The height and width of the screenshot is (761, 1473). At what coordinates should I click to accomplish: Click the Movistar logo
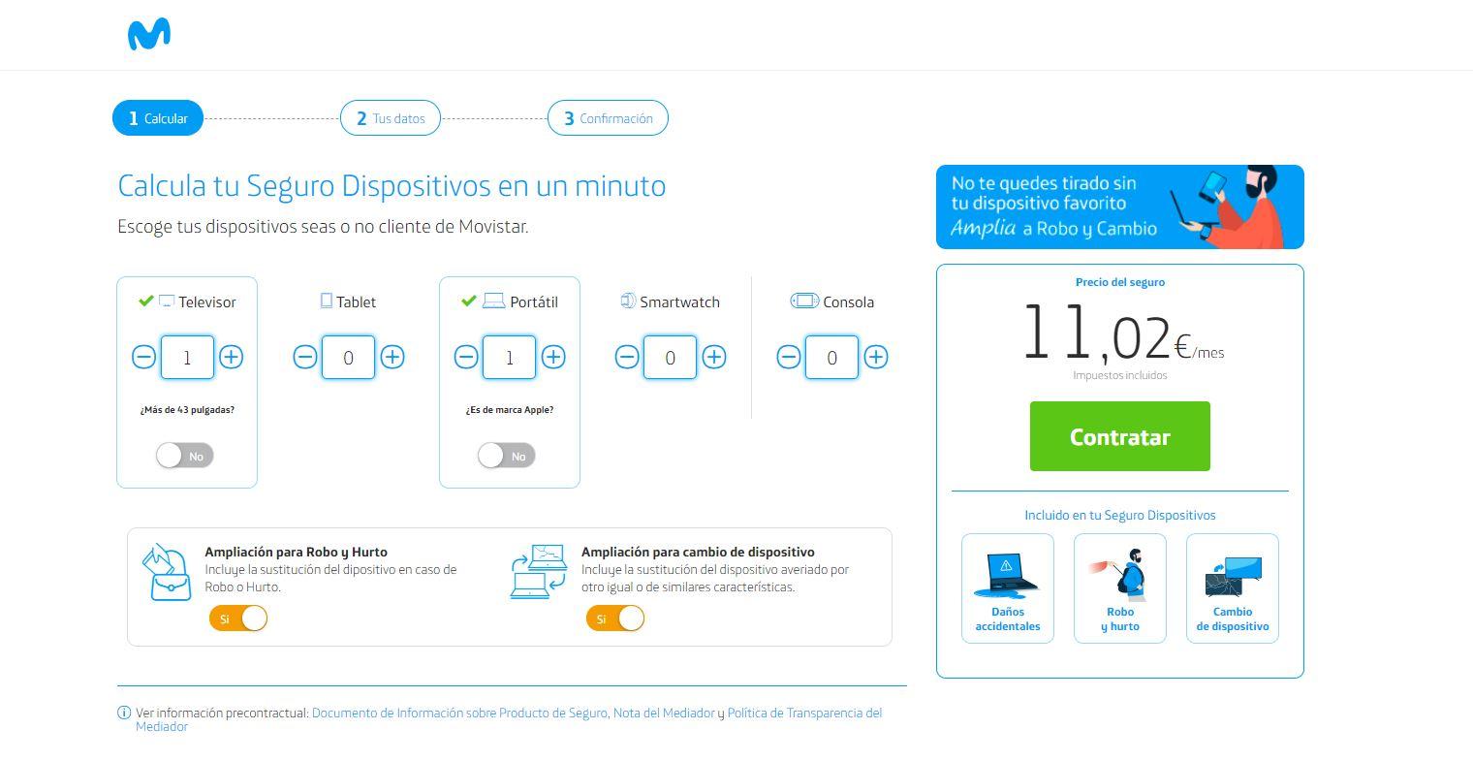coord(149,35)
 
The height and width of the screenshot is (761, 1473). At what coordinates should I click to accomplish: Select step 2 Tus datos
coord(390,118)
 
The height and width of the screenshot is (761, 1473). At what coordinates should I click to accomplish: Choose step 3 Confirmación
coord(608,118)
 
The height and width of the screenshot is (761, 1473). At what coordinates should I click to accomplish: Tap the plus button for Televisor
coord(231,357)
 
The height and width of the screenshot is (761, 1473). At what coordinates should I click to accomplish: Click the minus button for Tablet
coord(305,357)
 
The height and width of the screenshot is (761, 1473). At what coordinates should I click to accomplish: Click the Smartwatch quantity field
coord(670,357)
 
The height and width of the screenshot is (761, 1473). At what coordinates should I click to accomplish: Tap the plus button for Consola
coord(875,357)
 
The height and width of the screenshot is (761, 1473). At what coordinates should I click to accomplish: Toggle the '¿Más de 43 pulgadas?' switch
coord(185,456)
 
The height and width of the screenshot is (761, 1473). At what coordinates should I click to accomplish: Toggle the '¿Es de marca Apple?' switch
coord(507,456)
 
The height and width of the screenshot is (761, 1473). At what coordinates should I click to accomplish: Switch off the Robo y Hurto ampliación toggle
coord(238,618)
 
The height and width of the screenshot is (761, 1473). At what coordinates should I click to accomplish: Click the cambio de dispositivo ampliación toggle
coord(615,618)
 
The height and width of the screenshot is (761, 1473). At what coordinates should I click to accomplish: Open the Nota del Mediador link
coord(664,713)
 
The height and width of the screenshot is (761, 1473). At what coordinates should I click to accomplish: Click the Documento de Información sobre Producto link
coord(459,713)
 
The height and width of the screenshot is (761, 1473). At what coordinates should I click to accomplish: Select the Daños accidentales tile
coord(1008,588)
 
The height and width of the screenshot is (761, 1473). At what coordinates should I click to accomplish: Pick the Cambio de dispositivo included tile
coord(1233,588)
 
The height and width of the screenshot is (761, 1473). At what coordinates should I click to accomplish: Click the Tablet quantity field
coord(348,357)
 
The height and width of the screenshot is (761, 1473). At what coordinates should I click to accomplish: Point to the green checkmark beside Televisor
coord(146,301)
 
